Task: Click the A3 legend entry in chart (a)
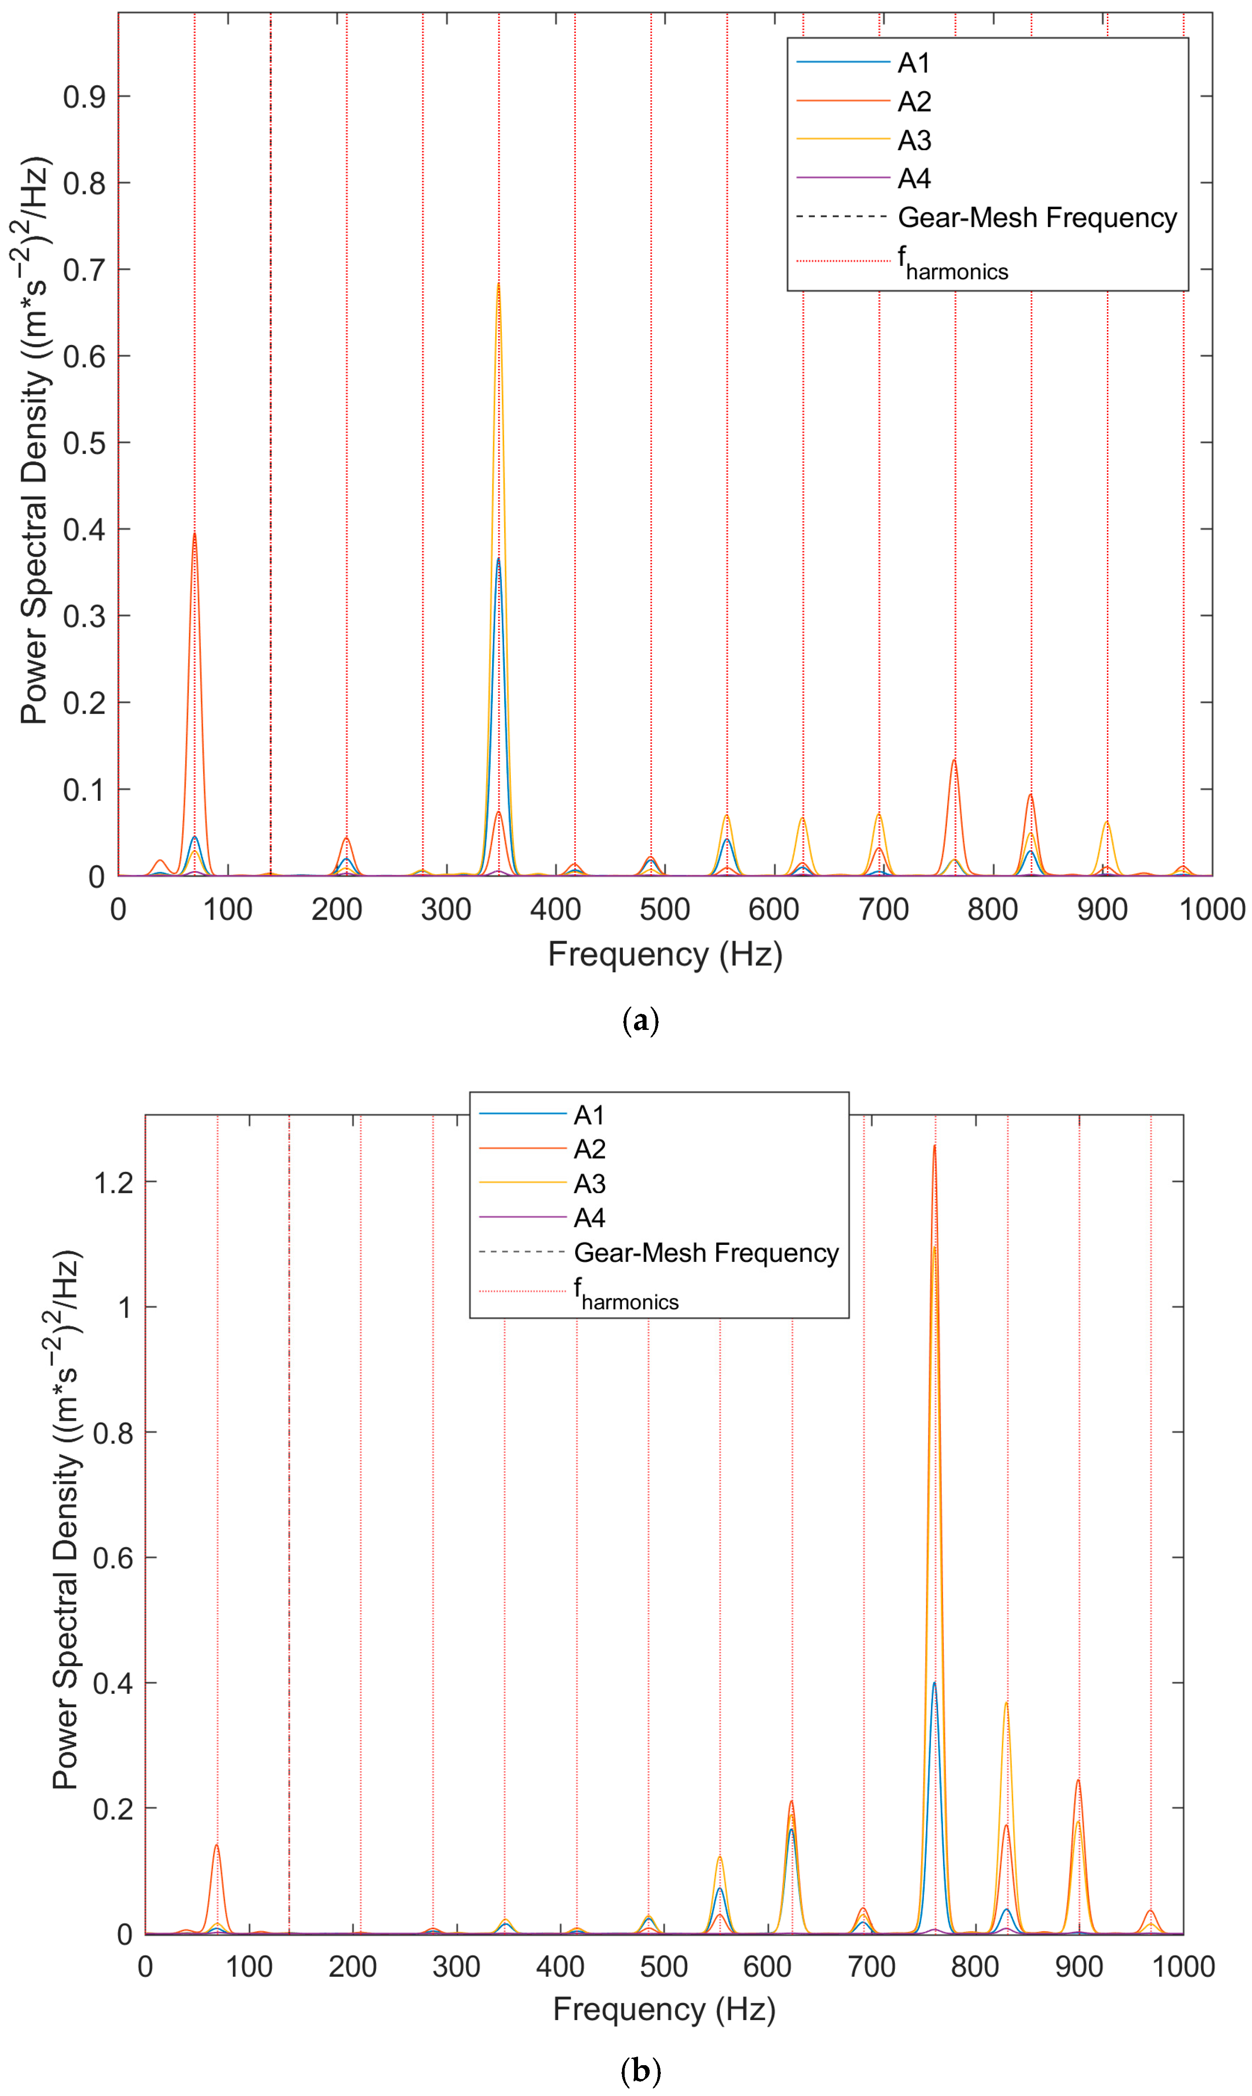click(x=914, y=140)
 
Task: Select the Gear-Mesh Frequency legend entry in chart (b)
click(x=705, y=1253)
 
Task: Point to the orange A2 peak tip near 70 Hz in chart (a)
click(x=194, y=533)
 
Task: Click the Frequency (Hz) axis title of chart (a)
click(x=665, y=954)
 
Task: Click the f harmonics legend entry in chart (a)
click(x=952, y=263)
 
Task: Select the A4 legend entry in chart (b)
click(x=589, y=1218)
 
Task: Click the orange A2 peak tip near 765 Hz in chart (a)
click(x=954, y=760)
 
